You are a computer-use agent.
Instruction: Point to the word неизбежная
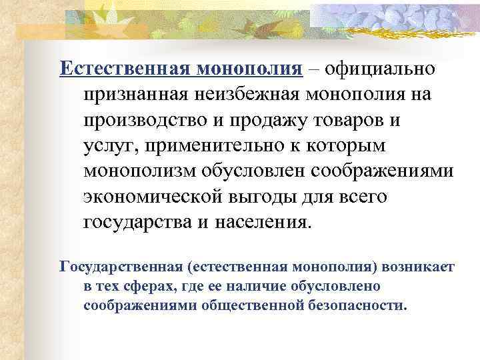[x=247, y=94]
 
